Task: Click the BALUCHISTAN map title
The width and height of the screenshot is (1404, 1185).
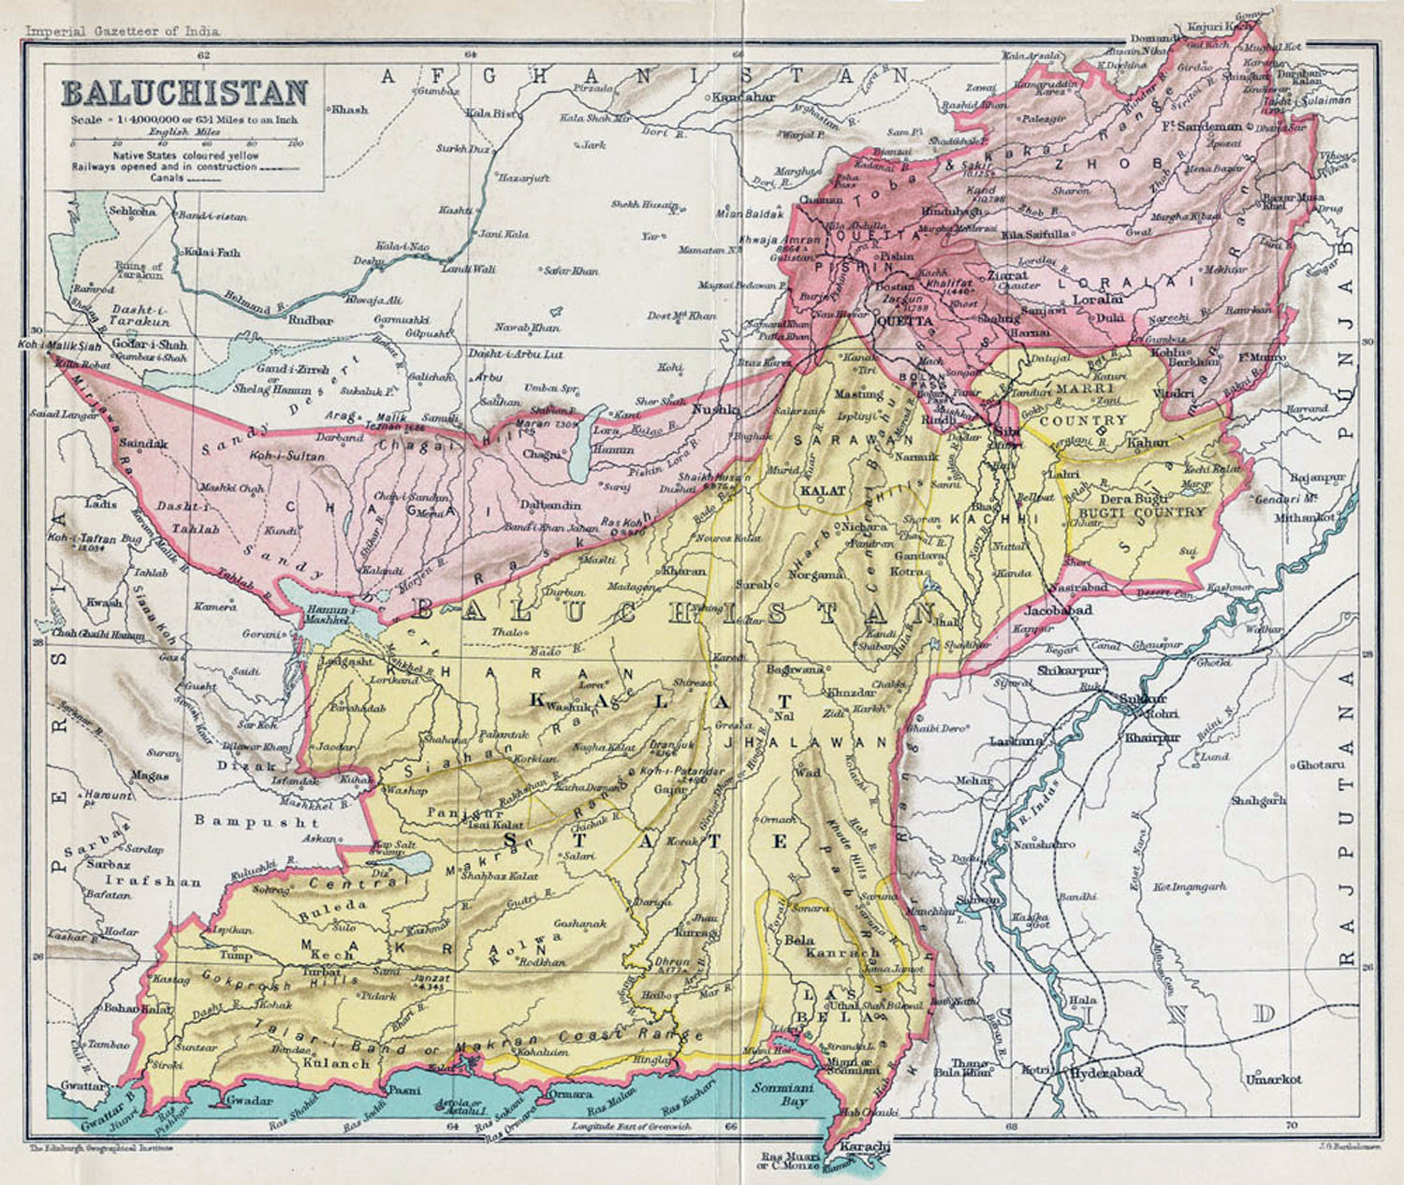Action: click(184, 93)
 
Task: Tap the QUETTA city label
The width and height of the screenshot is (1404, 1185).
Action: click(904, 321)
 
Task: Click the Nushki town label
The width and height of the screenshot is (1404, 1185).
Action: click(715, 409)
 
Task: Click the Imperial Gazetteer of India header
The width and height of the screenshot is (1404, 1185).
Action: click(123, 31)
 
